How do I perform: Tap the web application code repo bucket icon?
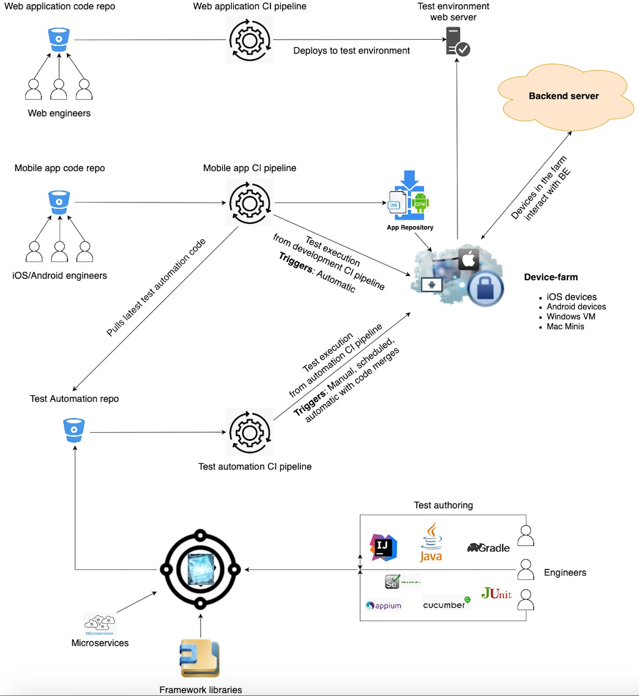click(59, 39)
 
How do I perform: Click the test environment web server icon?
click(457, 41)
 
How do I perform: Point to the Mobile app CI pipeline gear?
click(250, 203)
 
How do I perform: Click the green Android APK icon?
click(420, 203)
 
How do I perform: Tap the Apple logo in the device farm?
click(469, 259)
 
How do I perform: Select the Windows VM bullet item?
click(570, 317)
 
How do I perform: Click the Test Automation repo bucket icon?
click(74, 430)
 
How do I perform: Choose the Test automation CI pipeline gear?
click(250, 432)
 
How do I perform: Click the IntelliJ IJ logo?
click(383, 547)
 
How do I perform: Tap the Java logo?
click(431, 543)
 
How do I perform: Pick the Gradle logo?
click(488, 547)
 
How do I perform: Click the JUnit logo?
click(496, 594)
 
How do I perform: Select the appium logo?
click(384, 605)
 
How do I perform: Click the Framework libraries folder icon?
click(200, 658)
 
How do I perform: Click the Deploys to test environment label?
click(351, 51)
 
